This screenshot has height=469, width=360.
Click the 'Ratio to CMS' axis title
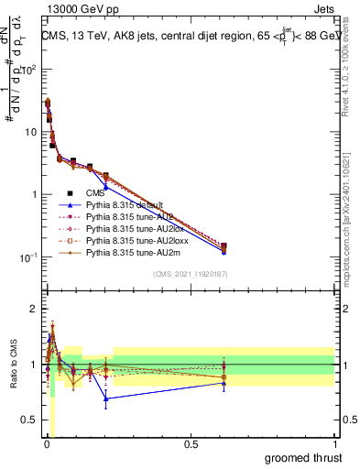pyautogui.click(x=13, y=365)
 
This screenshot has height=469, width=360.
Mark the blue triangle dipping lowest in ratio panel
pyautogui.click(x=106, y=398)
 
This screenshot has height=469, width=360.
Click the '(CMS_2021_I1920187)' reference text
pyautogui.click(x=190, y=275)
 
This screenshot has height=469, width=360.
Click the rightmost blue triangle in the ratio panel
pyautogui.click(x=224, y=383)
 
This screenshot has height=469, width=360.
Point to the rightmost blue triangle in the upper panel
pyautogui.click(x=224, y=250)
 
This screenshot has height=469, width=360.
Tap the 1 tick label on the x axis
pyautogui.click(x=334, y=443)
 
